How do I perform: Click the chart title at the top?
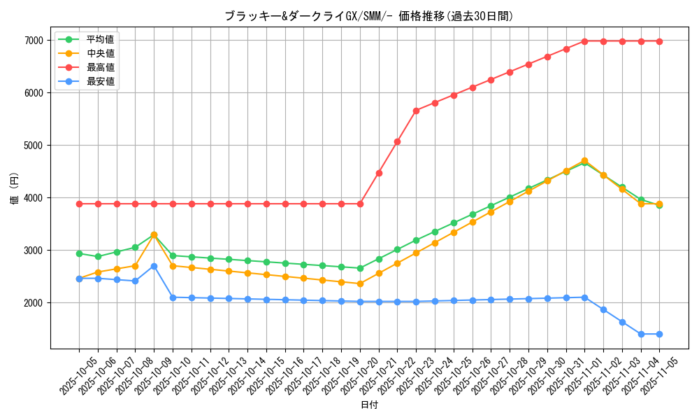(x=369, y=16)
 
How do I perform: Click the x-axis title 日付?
(x=369, y=405)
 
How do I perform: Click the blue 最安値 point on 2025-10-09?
(x=154, y=266)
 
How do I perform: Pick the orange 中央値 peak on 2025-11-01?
(x=584, y=161)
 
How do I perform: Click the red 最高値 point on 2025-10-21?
(x=379, y=173)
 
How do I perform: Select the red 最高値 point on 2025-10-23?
(x=416, y=111)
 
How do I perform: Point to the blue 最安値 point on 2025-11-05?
(x=659, y=334)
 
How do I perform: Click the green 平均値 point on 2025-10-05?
(x=79, y=253)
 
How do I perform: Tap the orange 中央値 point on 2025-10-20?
(x=360, y=283)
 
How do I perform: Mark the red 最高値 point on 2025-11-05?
(x=659, y=41)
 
